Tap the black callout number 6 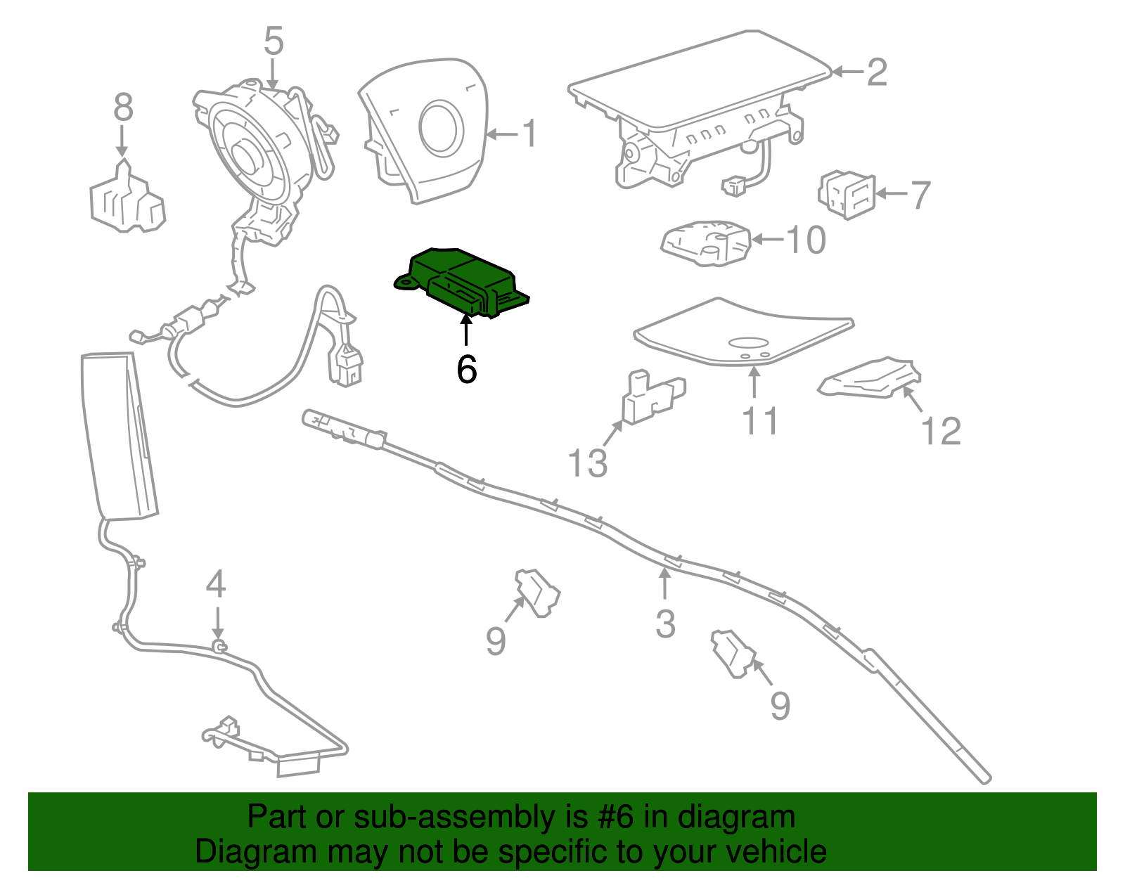pyautogui.click(x=466, y=369)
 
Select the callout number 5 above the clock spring pyautogui.click(x=274, y=41)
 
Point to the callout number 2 pyautogui.click(x=876, y=72)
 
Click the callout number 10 pyautogui.click(x=806, y=240)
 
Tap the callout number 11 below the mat pyautogui.click(x=759, y=421)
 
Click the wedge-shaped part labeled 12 pyautogui.click(x=872, y=379)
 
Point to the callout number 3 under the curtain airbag pyautogui.click(x=665, y=624)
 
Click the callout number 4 pyautogui.click(x=216, y=584)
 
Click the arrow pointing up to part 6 pyautogui.click(x=465, y=330)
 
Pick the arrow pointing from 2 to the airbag pyautogui.click(x=847, y=72)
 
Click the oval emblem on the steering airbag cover pyautogui.click(x=442, y=127)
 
